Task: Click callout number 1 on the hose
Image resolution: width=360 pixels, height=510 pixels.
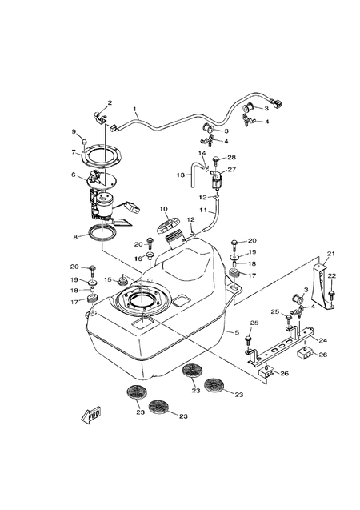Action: click(x=135, y=109)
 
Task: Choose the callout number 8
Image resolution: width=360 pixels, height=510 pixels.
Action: click(x=76, y=237)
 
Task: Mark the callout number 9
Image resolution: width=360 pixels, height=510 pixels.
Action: click(x=74, y=131)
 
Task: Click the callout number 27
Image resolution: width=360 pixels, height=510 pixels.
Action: click(x=233, y=170)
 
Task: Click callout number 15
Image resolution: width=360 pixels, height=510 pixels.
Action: click(x=108, y=280)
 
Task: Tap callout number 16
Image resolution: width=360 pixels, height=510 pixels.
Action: click(x=138, y=258)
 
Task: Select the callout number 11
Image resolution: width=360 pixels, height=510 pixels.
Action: click(x=203, y=210)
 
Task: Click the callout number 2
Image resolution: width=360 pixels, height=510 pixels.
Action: click(x=110, y=102)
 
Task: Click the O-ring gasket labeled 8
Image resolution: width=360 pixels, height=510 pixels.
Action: click(x=100, y=234)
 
